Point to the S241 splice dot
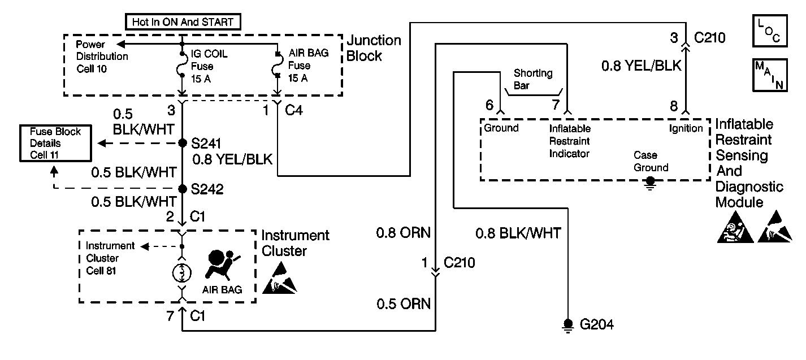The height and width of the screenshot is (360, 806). click(x=183, y=143)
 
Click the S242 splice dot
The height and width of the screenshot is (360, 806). click(x=183, y=189)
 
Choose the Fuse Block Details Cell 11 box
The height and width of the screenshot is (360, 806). click(x=55, y=144)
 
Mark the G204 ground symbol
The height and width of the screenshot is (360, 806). click(x=567, y=324)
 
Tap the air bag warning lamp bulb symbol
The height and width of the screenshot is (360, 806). click(x=182, y=272)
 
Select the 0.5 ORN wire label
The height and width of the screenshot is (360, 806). click(x=404, y=304)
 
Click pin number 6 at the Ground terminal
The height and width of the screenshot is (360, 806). click(x=489, y=105)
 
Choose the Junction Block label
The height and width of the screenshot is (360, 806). click(x=373, y=48)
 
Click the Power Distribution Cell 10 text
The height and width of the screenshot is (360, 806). click(x=102, y=56)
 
